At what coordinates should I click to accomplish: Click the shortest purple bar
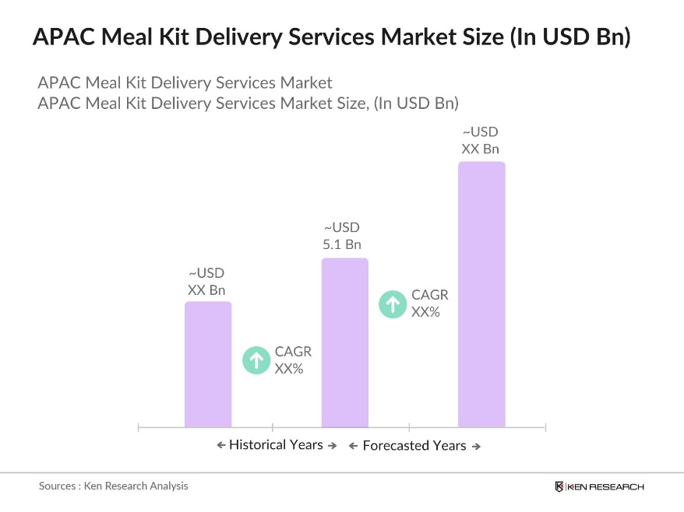click(208, 364)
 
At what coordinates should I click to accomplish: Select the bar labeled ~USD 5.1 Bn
click(345, 342)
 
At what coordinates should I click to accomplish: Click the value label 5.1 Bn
click(342, 244)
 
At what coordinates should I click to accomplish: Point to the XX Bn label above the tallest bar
click(480, 149)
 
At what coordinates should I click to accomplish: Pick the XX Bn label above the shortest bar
click(206, 290)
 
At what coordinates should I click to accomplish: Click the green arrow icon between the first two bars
click(256, 359)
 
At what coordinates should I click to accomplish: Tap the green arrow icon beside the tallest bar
click(393, 303)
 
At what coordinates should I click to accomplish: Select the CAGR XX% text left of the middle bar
click(293, 360)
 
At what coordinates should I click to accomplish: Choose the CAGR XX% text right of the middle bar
click(430, 303)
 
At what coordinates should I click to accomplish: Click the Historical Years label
click(276, 445)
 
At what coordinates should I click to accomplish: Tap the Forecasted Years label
click(414, 446)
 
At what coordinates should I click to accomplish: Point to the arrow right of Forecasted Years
click(476, 447)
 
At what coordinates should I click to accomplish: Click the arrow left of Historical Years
click(220, 445)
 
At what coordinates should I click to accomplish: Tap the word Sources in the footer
click(57, 486)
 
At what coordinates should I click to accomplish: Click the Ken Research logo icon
click(559, 486)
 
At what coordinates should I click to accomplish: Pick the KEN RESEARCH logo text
click(606, 486)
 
